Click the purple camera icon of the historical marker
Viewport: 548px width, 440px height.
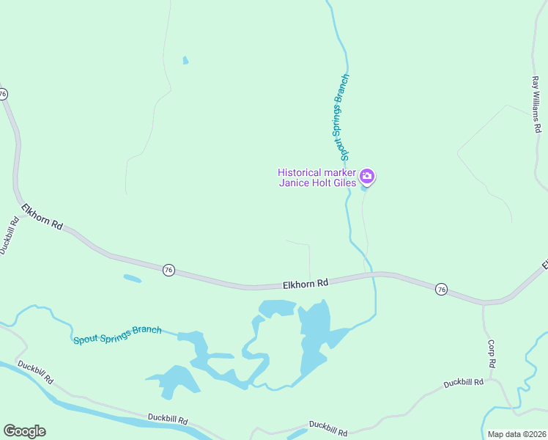click(368, 176)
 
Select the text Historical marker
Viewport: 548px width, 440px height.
click(317, 172)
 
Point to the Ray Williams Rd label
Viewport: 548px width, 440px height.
click(536, 103)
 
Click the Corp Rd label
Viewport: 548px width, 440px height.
click(492, 353)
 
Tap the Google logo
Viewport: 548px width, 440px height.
click(24, 431)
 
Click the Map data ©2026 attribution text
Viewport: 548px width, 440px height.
click(516, 434)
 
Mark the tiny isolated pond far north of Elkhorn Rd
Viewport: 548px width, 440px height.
click(185, 60)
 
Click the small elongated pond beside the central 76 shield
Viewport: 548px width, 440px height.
click(132, 278)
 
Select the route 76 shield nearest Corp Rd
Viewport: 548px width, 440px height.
click(441, 289)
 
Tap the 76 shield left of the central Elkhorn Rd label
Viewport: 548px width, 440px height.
click(169, 270)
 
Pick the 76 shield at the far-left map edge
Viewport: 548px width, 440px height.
click(3, 94)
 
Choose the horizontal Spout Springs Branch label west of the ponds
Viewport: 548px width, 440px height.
click(117, 335)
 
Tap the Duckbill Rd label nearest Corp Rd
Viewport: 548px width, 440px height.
click(463, 382)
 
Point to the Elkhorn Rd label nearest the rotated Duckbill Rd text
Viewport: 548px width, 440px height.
click(42, 216)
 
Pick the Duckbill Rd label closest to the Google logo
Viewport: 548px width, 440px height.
click(35, 372)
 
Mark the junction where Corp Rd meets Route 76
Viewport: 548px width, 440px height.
click(483, 303)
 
